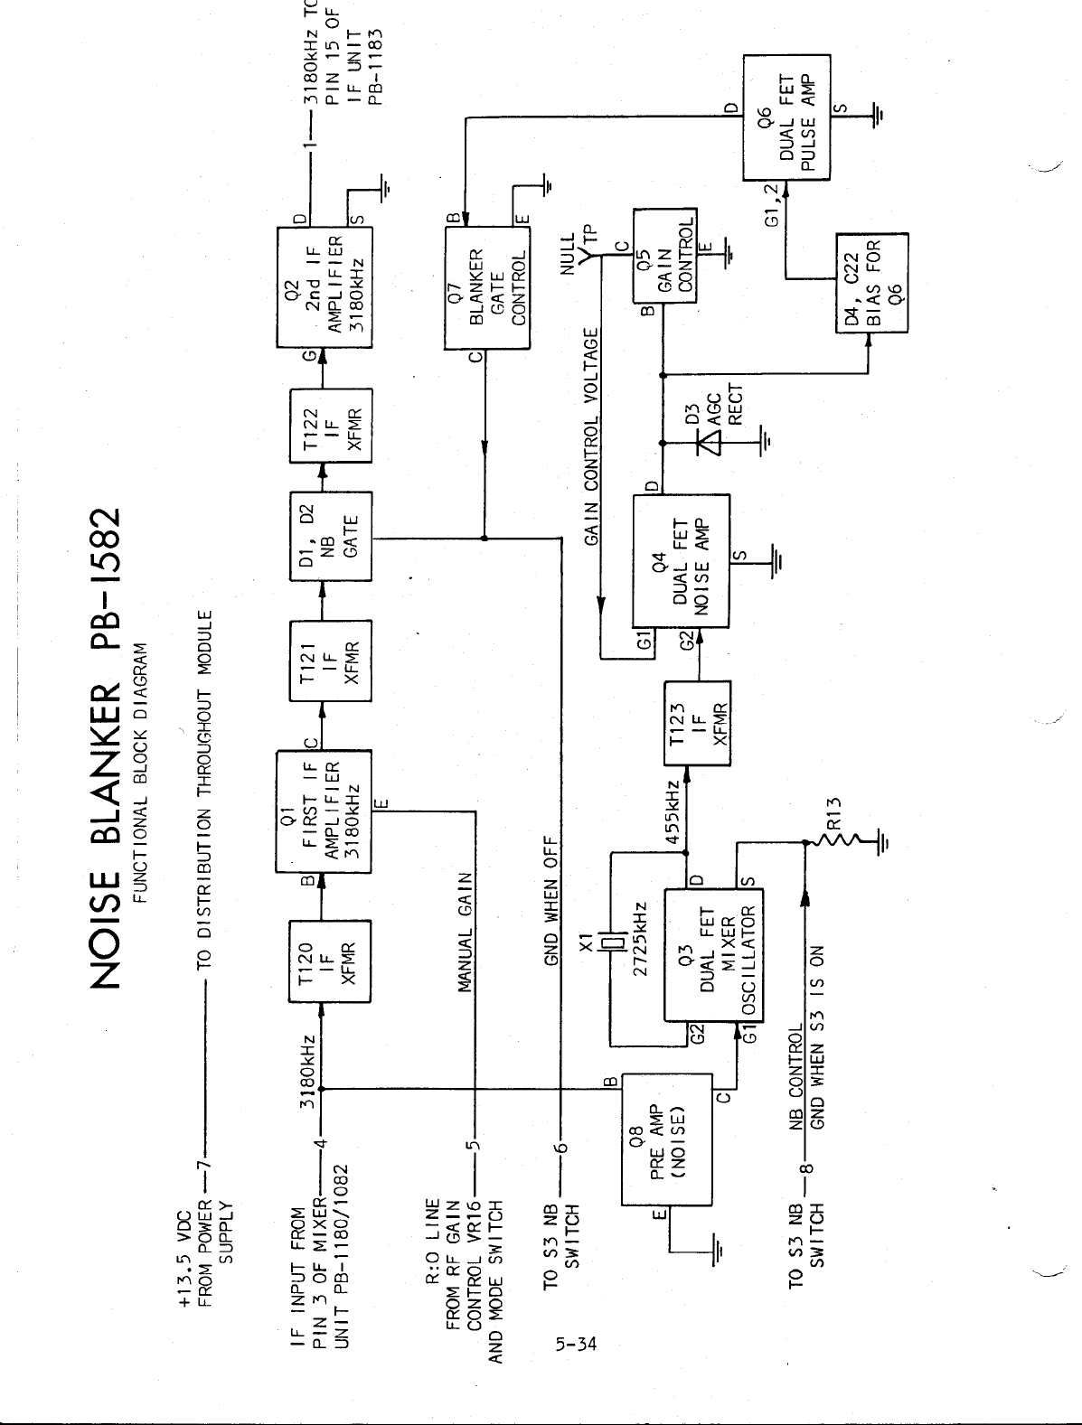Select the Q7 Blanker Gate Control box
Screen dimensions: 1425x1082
(x=487, y=288)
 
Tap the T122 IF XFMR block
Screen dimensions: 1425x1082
(x=330, y=426)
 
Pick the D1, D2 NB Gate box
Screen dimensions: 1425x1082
(x=330, y=539)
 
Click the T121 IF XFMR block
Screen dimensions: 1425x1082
(x=330, y=661)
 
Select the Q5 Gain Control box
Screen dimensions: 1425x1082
(x=664, y=258)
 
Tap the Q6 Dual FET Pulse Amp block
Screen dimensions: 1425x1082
(x=786, y=117)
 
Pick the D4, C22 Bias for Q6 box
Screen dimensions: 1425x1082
(x=872, y=282)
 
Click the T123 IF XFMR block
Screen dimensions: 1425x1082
(x=697, y=723)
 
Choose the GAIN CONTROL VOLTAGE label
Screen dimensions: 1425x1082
(x=593, y=437)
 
